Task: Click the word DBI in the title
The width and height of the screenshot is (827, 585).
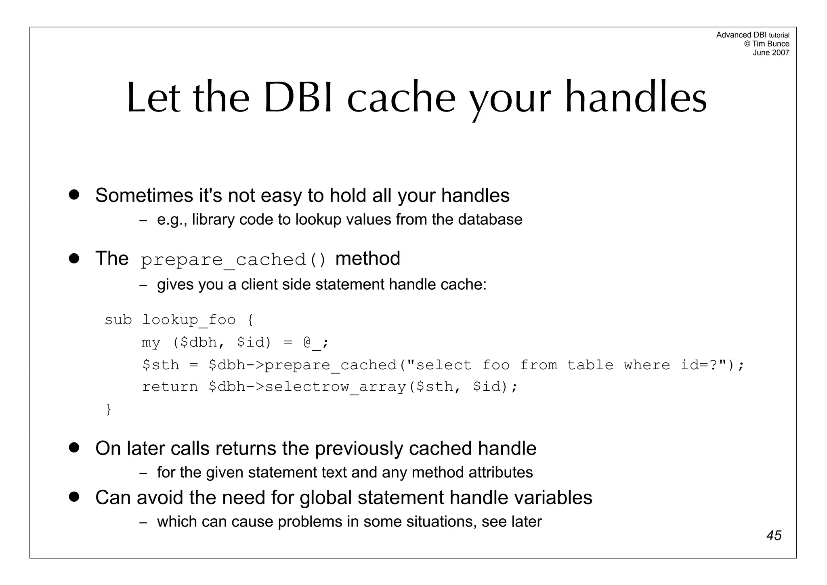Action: pos(298,98)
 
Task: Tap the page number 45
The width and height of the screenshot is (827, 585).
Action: pos(774,535)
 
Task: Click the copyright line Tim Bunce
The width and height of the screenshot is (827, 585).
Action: pos(766,44)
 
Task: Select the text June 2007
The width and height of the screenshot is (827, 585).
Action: pos(770,53)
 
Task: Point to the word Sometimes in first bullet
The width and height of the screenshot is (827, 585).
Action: pos(144,196)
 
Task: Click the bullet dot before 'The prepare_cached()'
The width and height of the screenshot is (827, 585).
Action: pos(73,259)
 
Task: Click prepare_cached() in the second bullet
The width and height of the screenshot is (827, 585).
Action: pos(233,259)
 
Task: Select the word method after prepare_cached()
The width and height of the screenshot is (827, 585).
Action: pos(367,259)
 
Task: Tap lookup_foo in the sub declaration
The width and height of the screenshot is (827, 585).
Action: pos(189,320)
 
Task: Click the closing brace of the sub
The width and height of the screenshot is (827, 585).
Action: pos(108,409)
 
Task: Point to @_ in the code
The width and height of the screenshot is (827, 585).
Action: pos(312,343)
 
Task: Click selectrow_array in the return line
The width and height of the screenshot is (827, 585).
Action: pos(335,387)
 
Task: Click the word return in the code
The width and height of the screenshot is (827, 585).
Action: pos(170,387)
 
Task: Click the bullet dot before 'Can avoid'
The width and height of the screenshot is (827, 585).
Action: pos(73,497)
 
